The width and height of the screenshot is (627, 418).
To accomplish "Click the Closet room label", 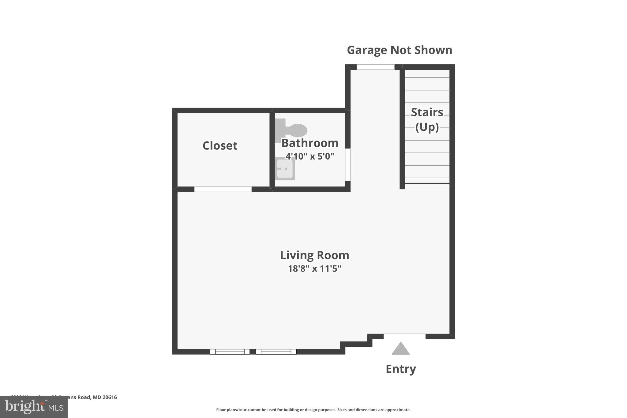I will (x=220, y=146).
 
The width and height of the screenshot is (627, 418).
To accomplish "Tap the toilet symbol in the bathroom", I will (x=292, y=130).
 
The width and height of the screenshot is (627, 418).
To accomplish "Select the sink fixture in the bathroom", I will (x=285, y=169).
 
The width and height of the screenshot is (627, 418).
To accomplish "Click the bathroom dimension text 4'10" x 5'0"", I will (x=310, y=156).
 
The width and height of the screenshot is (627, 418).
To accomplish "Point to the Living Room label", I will (x=314, y=255).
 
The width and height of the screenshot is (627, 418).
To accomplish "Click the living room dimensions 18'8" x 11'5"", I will (x=314, y=269).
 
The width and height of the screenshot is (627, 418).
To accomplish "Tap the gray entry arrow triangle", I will (x=400, y=349).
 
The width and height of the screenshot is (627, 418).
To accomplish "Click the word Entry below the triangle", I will (x=400, y=369).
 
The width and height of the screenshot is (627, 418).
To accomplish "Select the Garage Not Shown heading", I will (x=399, y=50).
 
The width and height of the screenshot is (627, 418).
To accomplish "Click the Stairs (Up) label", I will (x=427, y=119).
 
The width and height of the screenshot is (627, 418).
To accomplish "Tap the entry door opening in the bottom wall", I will (x=404, y=336).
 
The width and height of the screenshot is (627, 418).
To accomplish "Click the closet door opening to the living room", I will (x=223, y=189).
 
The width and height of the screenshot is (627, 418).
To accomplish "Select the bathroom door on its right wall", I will (x=348, y=165).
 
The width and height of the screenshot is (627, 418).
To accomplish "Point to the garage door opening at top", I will (x=375, y=67).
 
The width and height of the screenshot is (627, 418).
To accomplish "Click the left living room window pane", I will (x=230, y=352).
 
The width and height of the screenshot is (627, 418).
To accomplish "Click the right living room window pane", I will (x=276, y=352).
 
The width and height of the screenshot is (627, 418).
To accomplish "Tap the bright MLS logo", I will (x=34, y=407).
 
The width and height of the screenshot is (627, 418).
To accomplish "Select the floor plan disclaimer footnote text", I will (x=313, y=410).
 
